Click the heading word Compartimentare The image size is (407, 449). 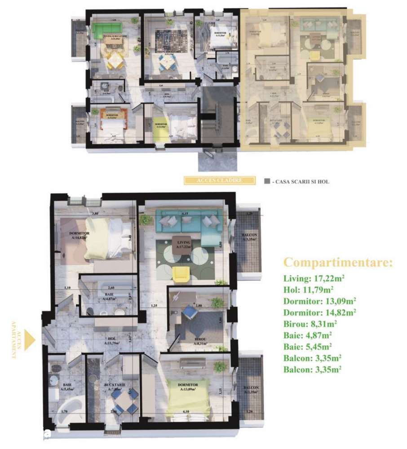click(338, 262)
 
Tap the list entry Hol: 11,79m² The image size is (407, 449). click(308, 289)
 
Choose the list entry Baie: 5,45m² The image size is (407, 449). click(308, 347)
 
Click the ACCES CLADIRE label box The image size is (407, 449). click(220, 181)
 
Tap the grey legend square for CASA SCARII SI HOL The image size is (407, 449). click(267, 182)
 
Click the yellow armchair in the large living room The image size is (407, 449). click(181, 274)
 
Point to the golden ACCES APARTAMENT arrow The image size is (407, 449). click(30, 340)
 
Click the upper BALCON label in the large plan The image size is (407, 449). click(249, 236)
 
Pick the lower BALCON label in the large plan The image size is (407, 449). click(251, 389)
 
